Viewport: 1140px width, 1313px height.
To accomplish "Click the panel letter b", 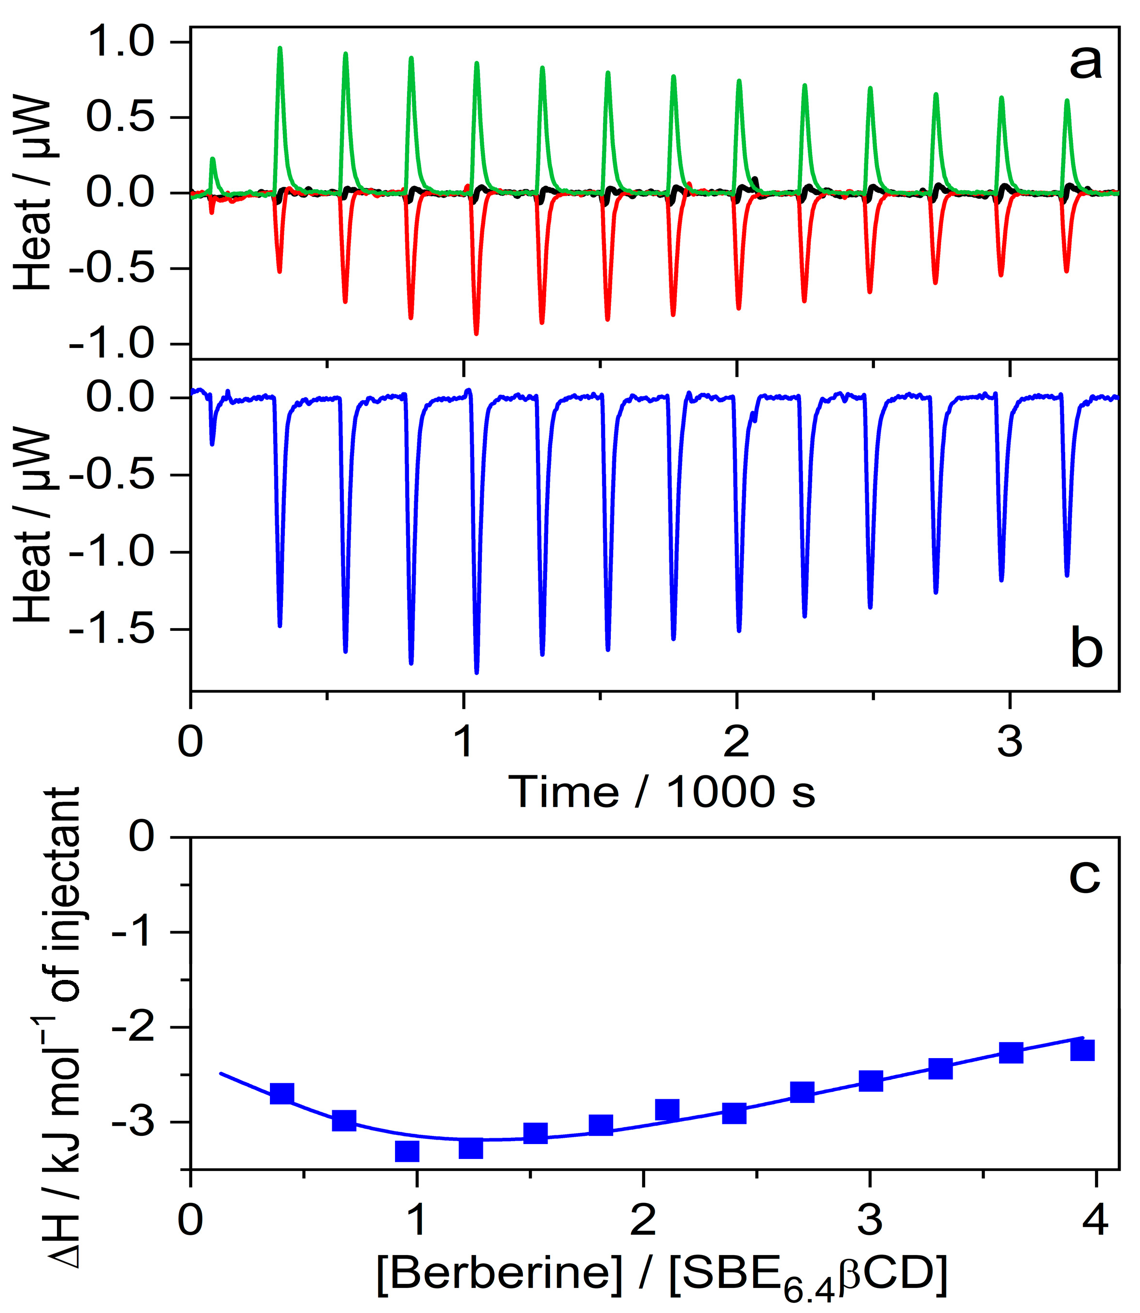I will point(1086,649).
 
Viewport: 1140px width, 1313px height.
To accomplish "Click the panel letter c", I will point(1084,876).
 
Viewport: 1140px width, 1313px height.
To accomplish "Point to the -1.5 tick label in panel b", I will point(112,629).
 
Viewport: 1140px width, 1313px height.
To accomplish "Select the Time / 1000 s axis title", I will point(661,792).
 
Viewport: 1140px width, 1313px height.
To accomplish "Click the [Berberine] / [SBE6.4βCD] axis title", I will point(661,1273).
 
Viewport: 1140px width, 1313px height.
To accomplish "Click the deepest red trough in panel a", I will point(477,332).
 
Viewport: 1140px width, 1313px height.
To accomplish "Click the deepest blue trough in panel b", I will point(477,671).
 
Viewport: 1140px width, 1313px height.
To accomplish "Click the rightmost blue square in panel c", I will point(1082,1050).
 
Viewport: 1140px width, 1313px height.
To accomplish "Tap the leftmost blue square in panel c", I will point(282,1094).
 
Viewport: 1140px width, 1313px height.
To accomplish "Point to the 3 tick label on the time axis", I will point(1010,741).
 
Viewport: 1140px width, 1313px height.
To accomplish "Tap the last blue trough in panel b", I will point(1067,574).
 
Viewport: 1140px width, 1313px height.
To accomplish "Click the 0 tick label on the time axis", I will point(190,741).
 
